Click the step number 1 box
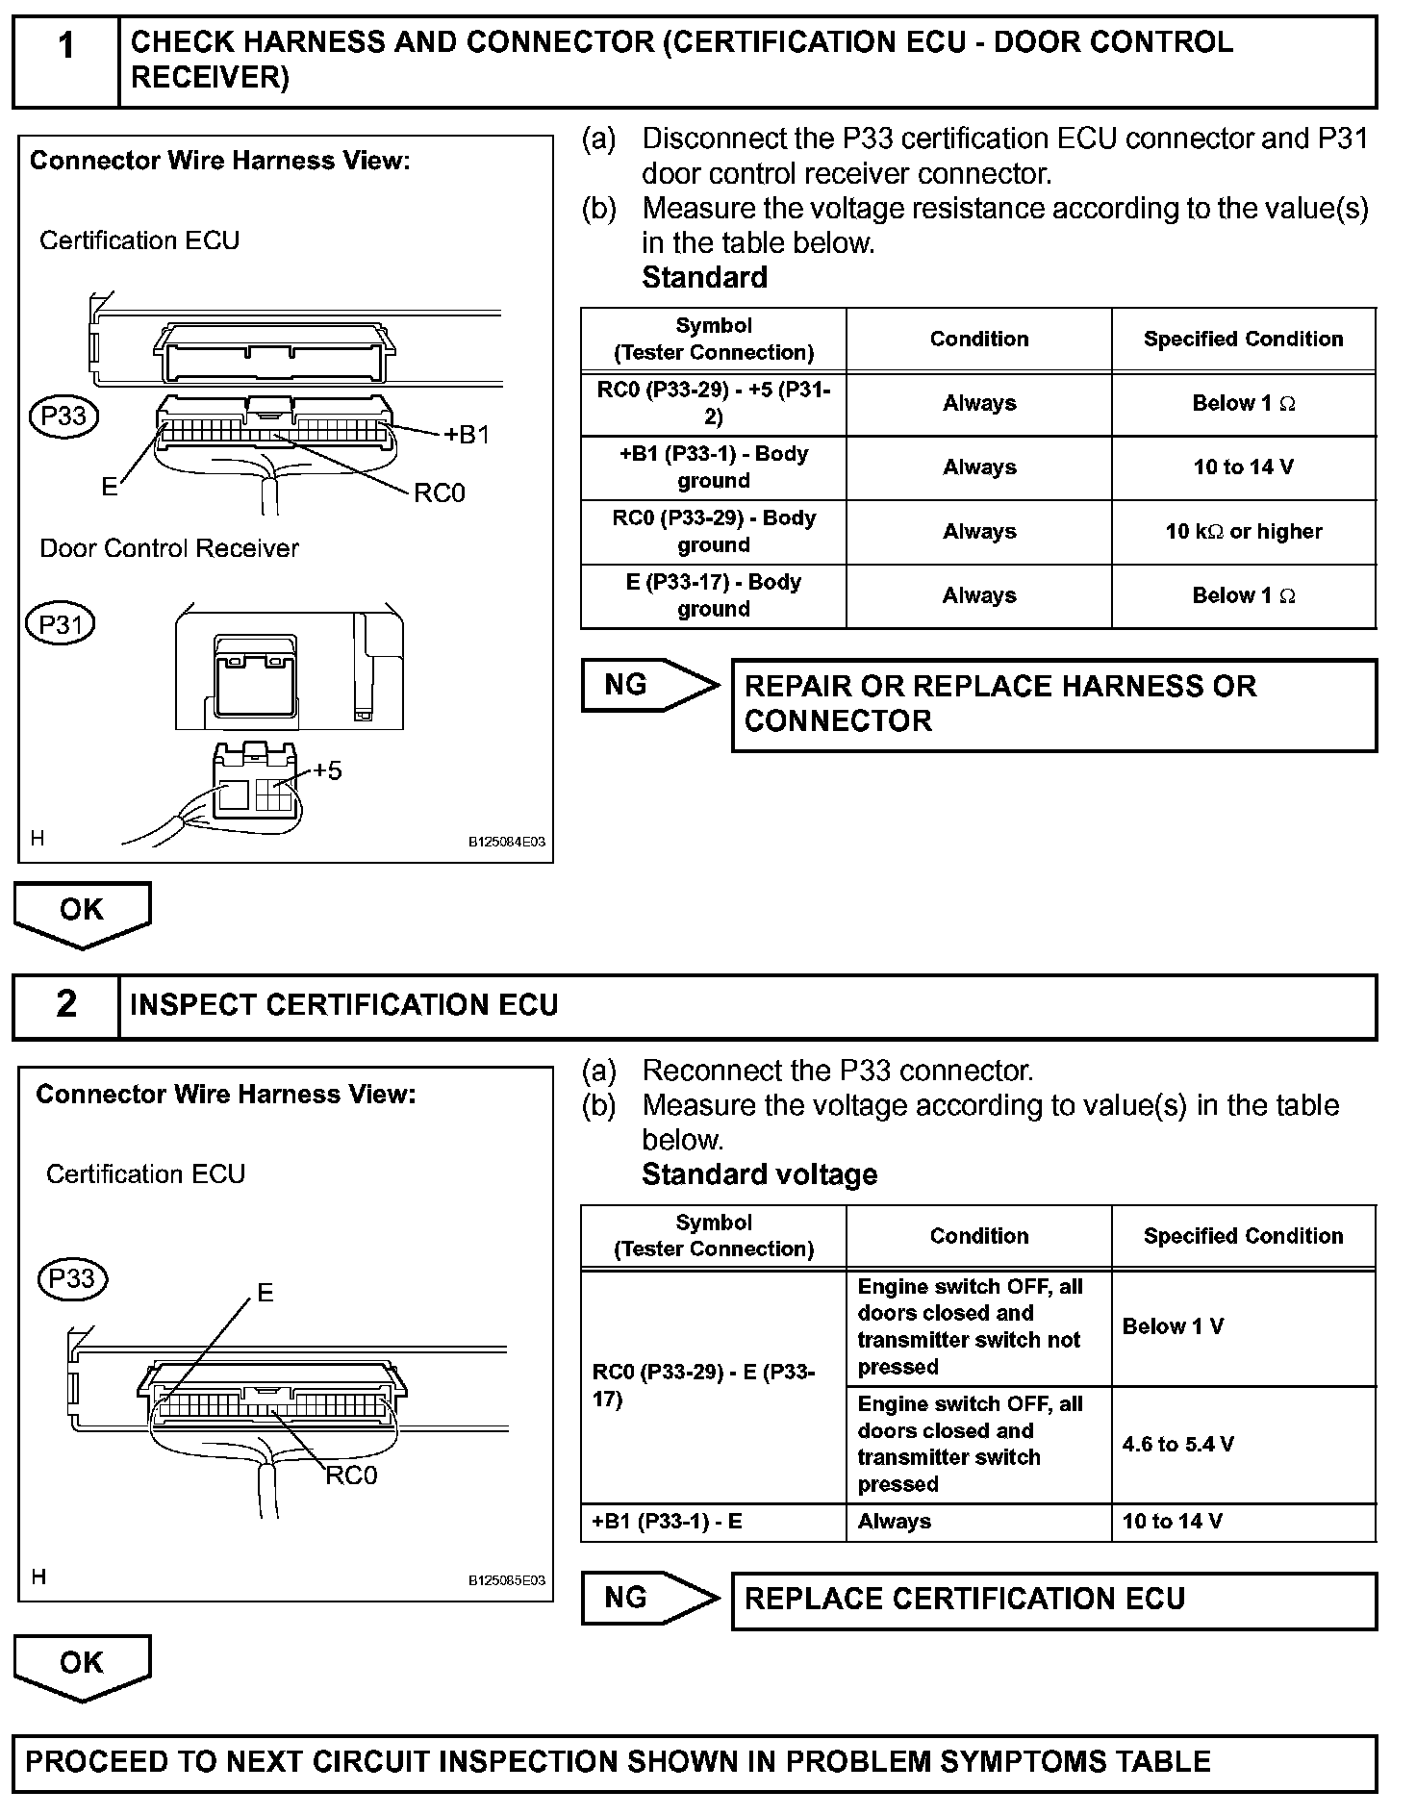tap(65, 60)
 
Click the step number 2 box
tap(65, 1005)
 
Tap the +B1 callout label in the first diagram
tap(467, 435)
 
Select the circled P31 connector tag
tap(61, 624)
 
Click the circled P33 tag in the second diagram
tap(72, 1278)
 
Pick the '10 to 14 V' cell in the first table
tap(1243, 467)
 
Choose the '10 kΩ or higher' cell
tap(1243, 532)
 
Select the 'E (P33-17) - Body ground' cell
tap(713, 595)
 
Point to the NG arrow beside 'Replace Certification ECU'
tap(649, 1598)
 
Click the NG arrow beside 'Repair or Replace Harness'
tap(649, 685)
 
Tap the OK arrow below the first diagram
tap(82, 912)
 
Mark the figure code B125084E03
tap(506, 842)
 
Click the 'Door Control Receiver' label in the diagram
tap(169, 548)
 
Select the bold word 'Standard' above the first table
tap(704, 278)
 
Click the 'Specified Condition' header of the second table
tap(1243, 1236)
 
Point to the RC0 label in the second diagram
tap(351, 1475)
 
